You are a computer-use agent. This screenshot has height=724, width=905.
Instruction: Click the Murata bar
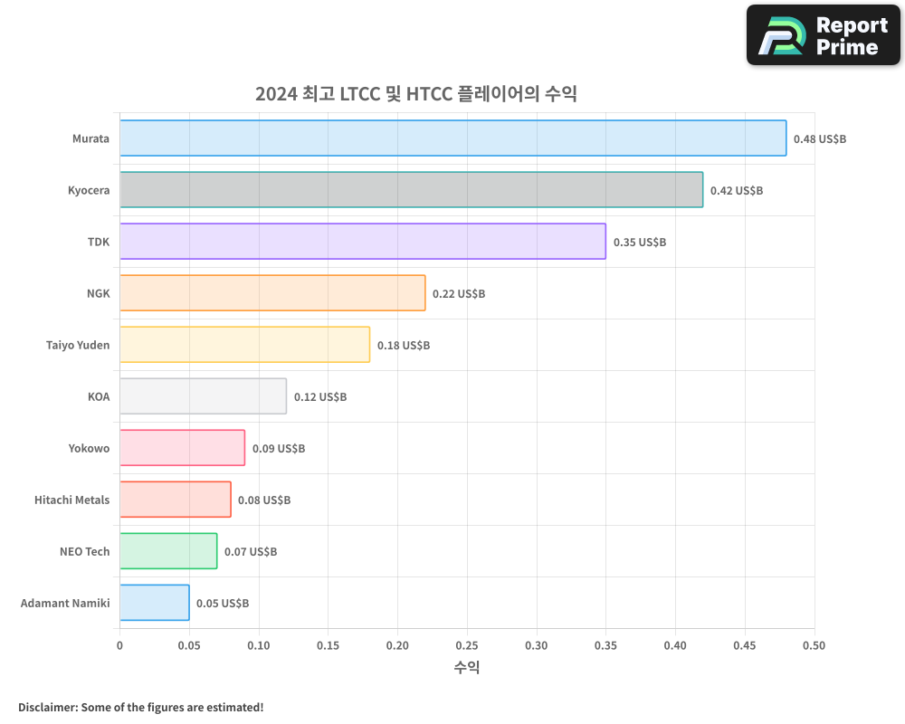[x=452, y=138]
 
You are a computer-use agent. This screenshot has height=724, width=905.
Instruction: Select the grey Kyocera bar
[x=411, y=190]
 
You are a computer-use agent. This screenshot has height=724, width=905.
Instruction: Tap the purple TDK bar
[x=362, y=242]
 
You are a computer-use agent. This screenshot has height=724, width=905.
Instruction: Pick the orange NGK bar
[x=271, y=293]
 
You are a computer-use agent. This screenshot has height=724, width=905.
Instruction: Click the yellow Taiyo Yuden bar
[x=244, y=345]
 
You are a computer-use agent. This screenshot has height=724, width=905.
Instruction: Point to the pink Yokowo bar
[x=182, y=448]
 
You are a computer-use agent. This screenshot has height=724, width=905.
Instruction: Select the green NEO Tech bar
[x=167, y=551]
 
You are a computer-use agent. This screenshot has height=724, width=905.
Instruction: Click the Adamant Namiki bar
[x=154, y=603]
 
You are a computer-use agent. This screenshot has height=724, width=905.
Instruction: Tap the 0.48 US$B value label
[x=819, y=139]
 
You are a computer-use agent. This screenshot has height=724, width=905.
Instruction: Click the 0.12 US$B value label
[x=319, y=397]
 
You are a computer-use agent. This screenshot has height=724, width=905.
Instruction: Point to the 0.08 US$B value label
[x=263, y=500]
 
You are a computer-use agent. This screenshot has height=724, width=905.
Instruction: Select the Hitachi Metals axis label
[x=71, y=500]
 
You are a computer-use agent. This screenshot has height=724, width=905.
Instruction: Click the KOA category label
[x=98, y=396]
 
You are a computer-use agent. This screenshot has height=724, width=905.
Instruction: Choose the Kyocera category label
[x=88, y=190]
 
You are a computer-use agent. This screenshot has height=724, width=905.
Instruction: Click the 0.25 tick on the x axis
[x=467, y=645]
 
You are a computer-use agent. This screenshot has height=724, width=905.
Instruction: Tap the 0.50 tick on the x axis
[x=814, y=645]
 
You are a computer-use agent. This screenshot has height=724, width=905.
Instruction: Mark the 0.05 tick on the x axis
[x=189, y=645]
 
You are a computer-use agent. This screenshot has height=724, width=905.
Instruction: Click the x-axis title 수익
[x=467, y=668]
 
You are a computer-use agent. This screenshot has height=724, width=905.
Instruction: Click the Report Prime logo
[x=824, y=35]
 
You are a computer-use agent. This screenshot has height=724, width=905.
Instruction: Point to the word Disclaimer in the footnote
[x=46, y=707]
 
